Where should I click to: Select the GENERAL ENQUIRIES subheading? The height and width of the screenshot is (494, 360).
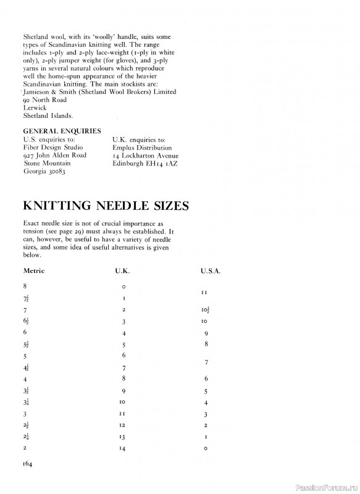pyautogui.click(x=62, y=131)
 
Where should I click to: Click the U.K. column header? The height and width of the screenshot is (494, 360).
pyautogui.click(x=123, y=270)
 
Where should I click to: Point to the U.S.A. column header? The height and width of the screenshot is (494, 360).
pyautogui.click(x=210, y=270)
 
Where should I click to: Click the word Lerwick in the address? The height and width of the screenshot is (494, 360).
pyautogui.click(x=35, y=107)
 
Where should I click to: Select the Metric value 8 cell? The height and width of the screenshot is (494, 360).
pyautogui.click(x=25, y=287)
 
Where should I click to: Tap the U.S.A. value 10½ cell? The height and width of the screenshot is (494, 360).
pyautogui.click(x=206, y=309)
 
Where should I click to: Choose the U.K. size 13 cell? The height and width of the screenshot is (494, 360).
pyautogui.click(x=124, y=436)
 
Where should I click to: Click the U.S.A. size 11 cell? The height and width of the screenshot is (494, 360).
pyautogui.click(x=205, y=292)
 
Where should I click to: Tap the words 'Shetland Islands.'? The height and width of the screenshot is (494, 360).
pyautogui.click(x=48, y=115)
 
